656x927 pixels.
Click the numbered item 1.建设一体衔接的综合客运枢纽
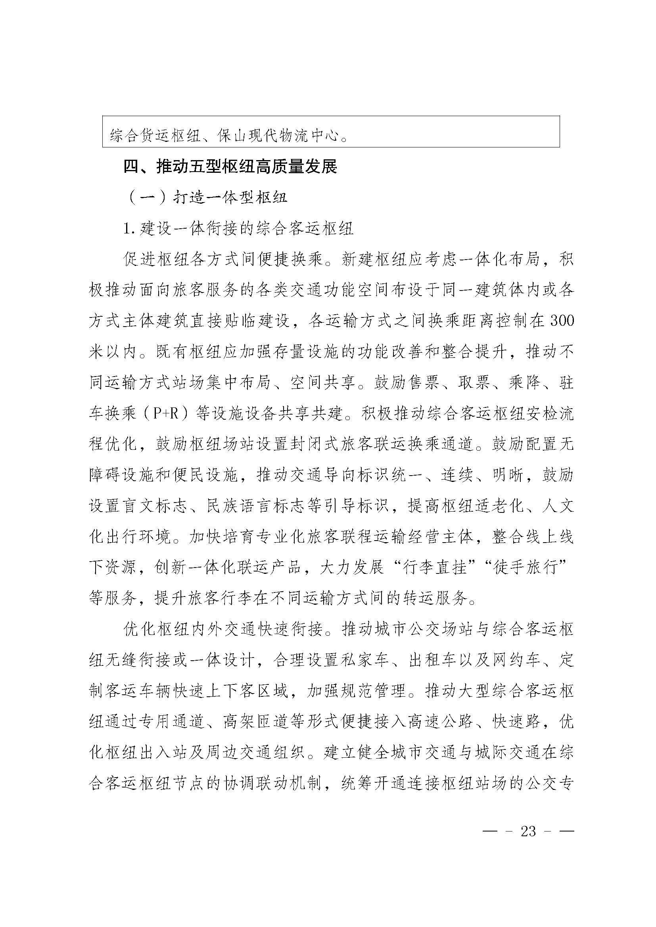[x=239, y=229]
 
